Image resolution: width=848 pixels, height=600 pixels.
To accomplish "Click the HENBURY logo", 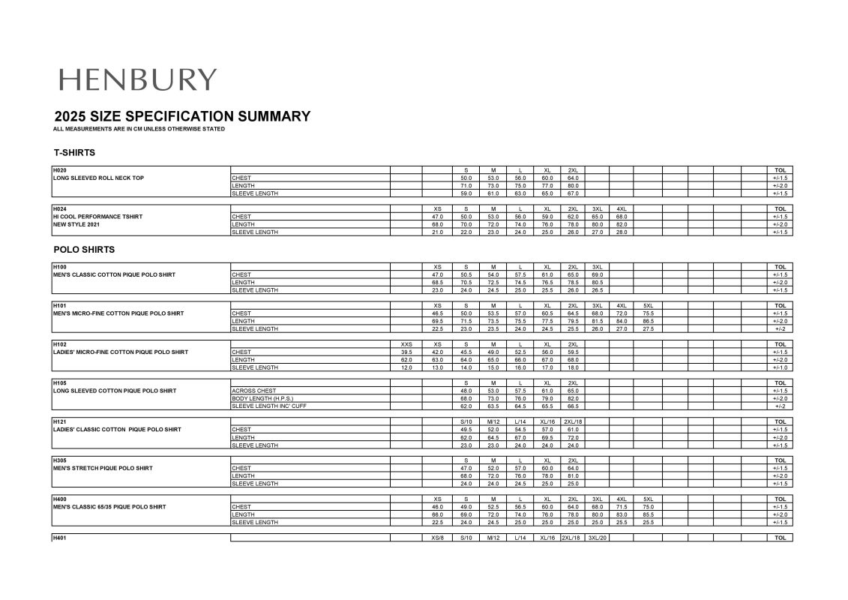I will pos(137,79).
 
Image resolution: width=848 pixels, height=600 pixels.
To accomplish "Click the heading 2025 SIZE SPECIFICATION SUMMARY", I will pos(182,116).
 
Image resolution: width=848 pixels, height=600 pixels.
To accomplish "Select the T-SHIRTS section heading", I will pos(74,152).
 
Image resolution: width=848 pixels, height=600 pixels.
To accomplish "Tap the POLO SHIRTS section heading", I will pos(84,249).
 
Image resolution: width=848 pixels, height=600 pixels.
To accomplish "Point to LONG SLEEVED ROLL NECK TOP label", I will pos(98,178).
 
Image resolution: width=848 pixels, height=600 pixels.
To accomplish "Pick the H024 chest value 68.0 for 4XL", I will pos(622,217).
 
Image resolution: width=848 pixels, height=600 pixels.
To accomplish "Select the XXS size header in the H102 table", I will pos(406,344).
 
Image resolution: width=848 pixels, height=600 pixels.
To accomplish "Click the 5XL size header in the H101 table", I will pos(648,305).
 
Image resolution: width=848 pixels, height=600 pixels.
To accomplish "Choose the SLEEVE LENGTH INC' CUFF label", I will pos(269,406).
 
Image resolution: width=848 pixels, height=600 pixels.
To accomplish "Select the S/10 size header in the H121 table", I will pos(466,421).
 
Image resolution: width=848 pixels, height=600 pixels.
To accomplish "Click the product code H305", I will pos(60,460).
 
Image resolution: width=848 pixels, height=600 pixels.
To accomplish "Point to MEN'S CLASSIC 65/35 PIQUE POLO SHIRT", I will pos(109,507).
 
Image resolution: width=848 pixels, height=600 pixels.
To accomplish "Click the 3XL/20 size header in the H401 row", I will pos(597,538).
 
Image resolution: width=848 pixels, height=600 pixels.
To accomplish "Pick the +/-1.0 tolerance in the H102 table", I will pos(779,367).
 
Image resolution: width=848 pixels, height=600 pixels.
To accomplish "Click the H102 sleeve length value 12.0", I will pos(406,367).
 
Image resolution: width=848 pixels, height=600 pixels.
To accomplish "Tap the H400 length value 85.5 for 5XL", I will pos(648,514).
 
